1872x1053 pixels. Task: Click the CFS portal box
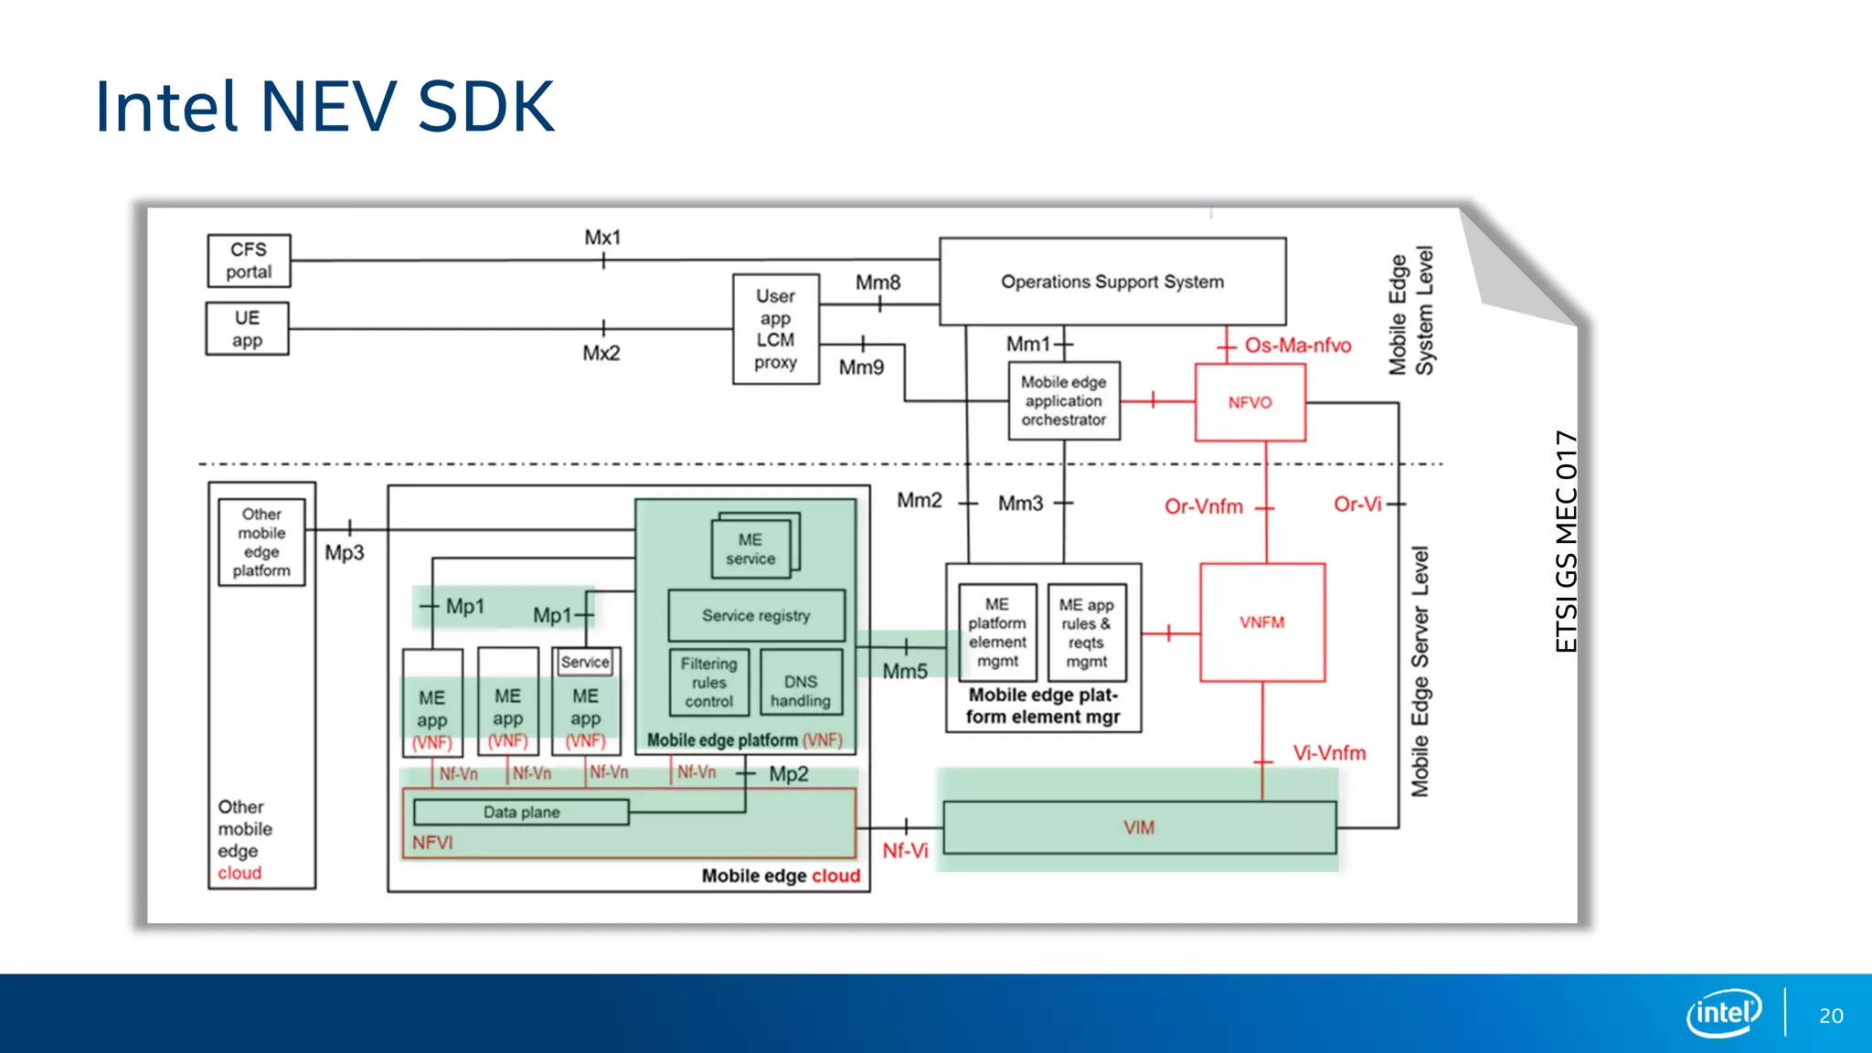[x=249, y=261]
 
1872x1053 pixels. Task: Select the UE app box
[x=247, y=329]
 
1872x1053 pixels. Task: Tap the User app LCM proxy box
[x=775, y=329]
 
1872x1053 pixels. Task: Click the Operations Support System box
[x=1112, y=282]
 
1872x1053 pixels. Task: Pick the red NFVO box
[x=1250, y=402]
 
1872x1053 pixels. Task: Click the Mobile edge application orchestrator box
[x=1064, y=401]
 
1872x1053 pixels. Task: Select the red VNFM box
[x=1261, y=622]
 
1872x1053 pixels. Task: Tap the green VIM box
[x=1139, y=827]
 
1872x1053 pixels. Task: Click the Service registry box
[x=756, y=616]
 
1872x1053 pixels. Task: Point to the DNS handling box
[x=801, y=691]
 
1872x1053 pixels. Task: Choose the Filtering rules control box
[x=708, y=683]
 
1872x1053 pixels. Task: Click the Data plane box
[x=521, y=812]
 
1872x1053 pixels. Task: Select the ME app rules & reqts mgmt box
[x=1086, y=633]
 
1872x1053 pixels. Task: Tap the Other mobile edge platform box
[x=261, y=542]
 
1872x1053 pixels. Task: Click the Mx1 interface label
[x=602, y=238]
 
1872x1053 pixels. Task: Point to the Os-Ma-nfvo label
[x=1298, y=346]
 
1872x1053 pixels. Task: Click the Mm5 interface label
[x=905, y=672]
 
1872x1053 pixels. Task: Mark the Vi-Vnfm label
[x=1329, y=753]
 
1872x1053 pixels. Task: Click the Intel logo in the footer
[x=1724, y=1013]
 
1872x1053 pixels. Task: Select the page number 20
[x=1831, y=1016]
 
